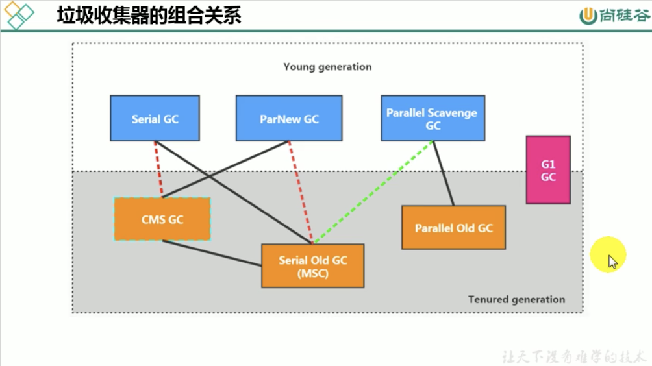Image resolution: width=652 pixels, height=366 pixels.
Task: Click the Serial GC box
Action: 155,119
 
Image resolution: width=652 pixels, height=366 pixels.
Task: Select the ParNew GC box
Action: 289,119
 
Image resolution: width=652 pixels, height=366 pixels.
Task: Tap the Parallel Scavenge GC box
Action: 433,119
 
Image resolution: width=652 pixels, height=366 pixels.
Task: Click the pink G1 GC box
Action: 548,169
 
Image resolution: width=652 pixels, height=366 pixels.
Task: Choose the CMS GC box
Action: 162,219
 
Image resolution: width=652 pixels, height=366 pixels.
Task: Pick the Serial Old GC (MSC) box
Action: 312,266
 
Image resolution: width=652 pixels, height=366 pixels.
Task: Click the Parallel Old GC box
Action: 453,228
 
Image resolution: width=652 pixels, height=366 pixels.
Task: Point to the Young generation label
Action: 327,67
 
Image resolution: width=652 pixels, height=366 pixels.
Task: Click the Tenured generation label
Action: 516,299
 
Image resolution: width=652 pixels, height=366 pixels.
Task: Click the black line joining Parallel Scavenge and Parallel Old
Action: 443,173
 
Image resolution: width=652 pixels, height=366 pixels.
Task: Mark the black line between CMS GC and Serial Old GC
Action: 212,253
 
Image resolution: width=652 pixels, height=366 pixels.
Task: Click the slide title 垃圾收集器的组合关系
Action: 149,15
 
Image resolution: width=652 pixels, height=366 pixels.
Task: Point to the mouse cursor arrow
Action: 612,262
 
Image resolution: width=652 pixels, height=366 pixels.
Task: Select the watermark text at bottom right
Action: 575,356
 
